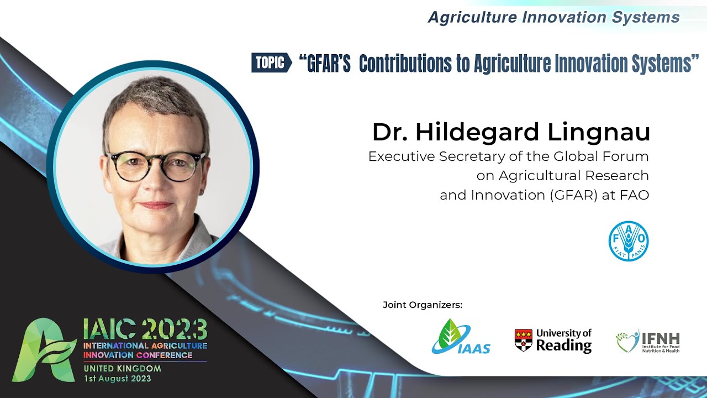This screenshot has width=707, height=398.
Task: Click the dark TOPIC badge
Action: (x=271, y=63)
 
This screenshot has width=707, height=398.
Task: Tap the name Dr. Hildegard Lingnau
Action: (x=511, y=133)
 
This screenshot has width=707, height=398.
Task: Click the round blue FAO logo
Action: (x=629, y=241)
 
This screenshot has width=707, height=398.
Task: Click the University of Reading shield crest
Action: (x=523, y=340)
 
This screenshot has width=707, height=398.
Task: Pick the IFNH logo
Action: (x=647, y=342)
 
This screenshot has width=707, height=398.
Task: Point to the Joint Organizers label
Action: (x=422, y=305)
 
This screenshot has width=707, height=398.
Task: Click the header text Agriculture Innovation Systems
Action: (x=553, y=18)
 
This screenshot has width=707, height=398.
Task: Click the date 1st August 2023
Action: (x=117, y=379)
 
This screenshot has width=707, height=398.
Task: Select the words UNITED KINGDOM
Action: (x=123, y=368)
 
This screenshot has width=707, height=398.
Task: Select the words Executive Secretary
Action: (x=429, y=156)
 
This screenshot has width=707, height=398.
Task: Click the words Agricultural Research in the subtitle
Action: (x=573, y=176)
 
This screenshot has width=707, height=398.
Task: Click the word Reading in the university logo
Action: (x=563, y=345)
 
